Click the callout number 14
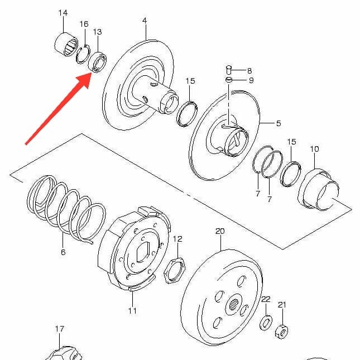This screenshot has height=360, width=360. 63,12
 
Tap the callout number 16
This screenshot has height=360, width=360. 84,24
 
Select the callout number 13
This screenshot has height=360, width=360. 97,32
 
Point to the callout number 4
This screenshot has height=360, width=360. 145,21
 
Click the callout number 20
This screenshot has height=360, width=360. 220,231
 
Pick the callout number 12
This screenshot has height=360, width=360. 177,239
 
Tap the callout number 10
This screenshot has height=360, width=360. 314,149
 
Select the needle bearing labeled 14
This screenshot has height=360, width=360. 66,45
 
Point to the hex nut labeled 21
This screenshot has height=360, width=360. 282,332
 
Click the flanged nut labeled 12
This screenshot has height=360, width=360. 175,271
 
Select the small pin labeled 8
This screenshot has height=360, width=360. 229,70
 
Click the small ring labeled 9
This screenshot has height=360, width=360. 229,80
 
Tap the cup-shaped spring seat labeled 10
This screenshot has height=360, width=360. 317,190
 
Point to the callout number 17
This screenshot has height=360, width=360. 59,329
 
